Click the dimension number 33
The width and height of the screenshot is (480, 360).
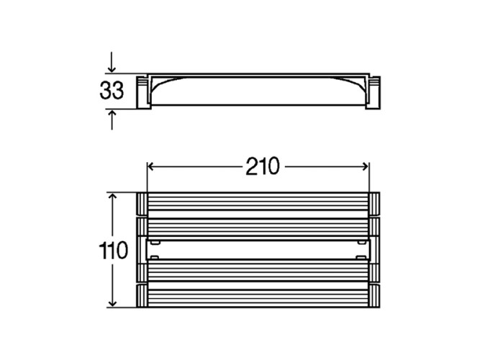[112, 91]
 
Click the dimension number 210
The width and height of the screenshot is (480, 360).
[263, 166]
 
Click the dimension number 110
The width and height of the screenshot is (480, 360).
[113, 251]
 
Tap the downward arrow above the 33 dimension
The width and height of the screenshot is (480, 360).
[112, 62]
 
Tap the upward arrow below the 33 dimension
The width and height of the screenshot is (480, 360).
[112, 120]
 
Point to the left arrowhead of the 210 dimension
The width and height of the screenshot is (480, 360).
[150, 166]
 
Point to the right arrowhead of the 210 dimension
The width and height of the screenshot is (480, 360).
[365, 166]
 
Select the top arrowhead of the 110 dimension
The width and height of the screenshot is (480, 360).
[113, 197]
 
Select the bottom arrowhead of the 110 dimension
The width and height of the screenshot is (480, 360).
[113, 303]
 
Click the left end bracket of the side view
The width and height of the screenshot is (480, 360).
[144, 92]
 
